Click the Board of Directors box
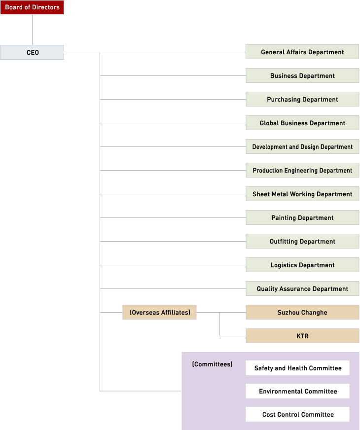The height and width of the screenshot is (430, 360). pos(32,7)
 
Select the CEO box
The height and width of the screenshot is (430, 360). pos(32,52)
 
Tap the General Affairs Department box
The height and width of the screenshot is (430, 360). pos(302,52)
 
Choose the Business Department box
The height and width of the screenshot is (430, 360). pos(302,75)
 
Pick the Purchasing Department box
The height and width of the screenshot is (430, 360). pos(302,99)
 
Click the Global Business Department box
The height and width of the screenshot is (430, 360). pos(302,123)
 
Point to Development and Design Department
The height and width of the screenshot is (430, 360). pos(302,146)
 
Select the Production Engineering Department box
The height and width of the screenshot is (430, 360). pos(302,170)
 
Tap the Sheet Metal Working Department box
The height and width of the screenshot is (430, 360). pos(302,194)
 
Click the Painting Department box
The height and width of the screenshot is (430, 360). pos(302,217)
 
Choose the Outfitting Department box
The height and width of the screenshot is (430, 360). pos(302,241)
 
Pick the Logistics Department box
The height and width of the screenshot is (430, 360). pos(302,265)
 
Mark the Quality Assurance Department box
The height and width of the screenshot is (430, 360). pos(302,288)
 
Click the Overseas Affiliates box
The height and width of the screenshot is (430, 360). pos(160,312)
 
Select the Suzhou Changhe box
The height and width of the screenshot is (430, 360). pos(302,312)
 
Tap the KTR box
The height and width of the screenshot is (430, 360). pos(302,336)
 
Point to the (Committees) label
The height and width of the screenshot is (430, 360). pos(212,364)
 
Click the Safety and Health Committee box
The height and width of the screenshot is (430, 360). pos(297,368)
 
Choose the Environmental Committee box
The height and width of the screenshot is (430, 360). pos(297,391)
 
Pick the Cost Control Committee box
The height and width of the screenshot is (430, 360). pos(297,414)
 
